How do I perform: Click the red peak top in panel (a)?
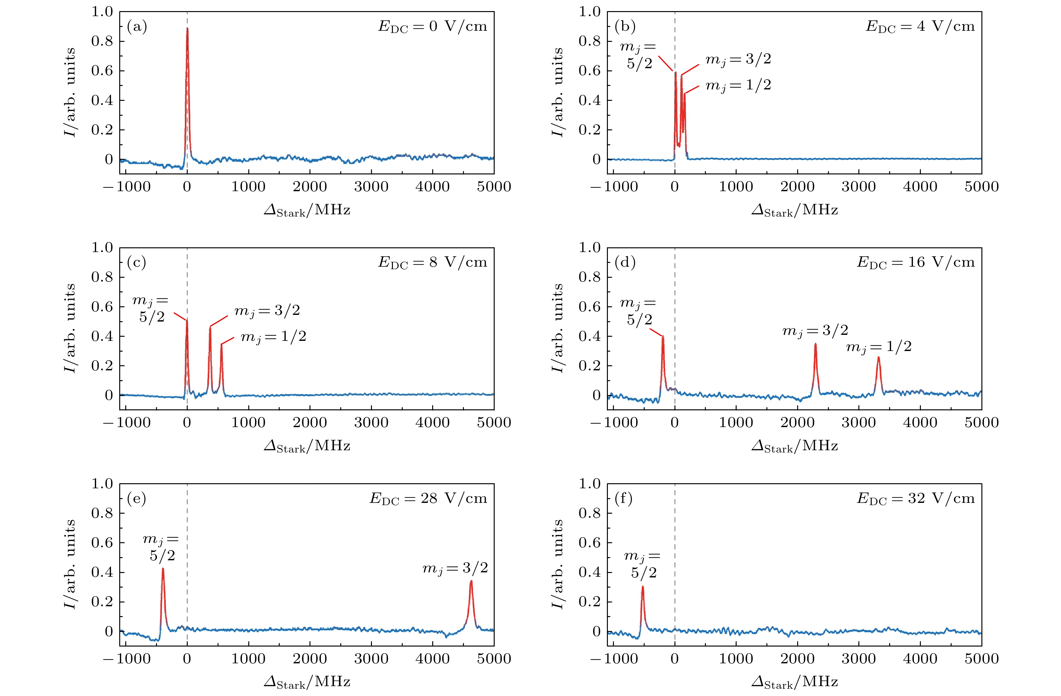click(x=187, y=29)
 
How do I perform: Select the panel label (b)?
click(x=625, y=27)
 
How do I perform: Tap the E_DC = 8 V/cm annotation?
click(x=433, y=262)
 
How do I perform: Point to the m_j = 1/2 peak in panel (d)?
click(x=878, y=358)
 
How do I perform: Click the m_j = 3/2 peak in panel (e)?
click(x=471, y=582)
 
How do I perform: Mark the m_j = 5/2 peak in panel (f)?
click(x=642, y=587)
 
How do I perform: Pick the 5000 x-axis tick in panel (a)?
click(x=493, y=186)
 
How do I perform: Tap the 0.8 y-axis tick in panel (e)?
click(x=102, y=513)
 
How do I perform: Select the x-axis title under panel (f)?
click(x=794, y=681)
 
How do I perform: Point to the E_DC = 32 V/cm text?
click(x=916, y=498)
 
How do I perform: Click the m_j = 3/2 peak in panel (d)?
click(x=815, y=344)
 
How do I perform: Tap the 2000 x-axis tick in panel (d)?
click(x=797, y=422)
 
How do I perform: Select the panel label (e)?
click(x=136, y=498)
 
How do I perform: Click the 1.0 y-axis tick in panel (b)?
click(x=589, y=12)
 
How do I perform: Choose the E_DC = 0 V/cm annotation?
click(x=433, y=26)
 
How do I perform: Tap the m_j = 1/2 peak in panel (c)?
click(x=221, y=345)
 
